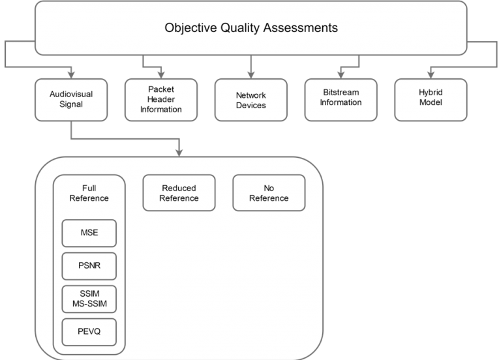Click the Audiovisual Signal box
click(70, 100)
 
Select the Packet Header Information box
click(160, 100)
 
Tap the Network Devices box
click(250, 100)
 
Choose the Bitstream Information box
click(341, 100)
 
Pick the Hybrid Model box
click(431, 100)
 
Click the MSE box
click(89, 233)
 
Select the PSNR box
click(89, 265)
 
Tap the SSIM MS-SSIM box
click(89, 298)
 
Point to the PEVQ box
click(89, 331)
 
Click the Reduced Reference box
click(179, 193)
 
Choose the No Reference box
click(269, 193)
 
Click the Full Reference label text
click(89, 193)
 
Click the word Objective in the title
click(191, 28)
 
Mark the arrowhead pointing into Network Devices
click(250, 72)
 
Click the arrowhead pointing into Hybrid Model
click(431, 72)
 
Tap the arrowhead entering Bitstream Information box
click(341, 72)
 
